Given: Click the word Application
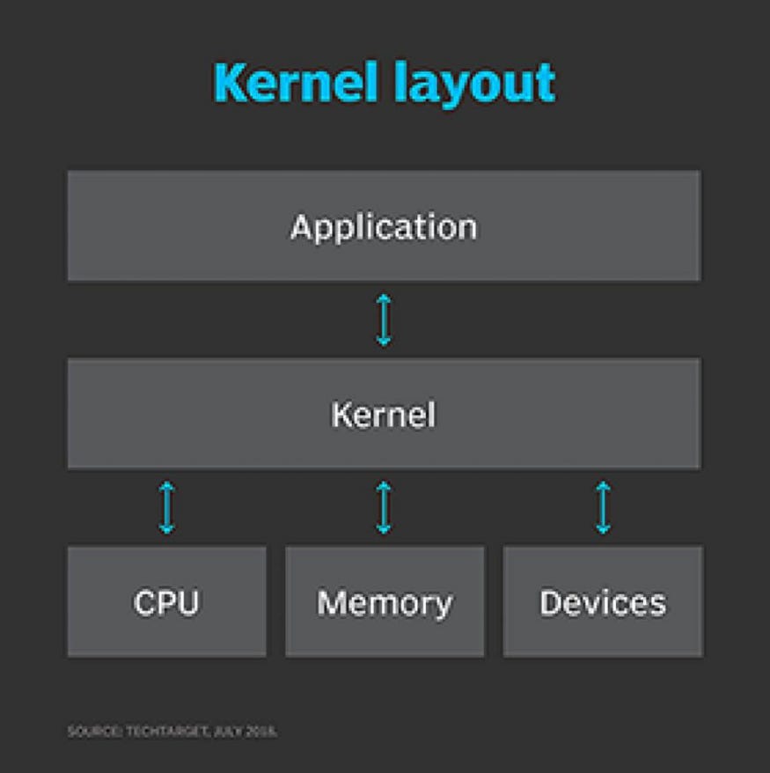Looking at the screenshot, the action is (x=384, y=227).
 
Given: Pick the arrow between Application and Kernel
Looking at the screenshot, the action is (x=384, y=320).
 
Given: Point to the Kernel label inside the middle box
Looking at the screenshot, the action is (x=384, y=415).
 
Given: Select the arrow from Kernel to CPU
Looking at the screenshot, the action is (x=167, y=507).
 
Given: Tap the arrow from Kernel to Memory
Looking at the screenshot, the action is (x=384, y=507).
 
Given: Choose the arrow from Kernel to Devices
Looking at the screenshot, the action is (x=603, y=507).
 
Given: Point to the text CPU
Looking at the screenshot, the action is (x=166, y=603).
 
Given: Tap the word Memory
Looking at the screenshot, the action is (x=385, y=603).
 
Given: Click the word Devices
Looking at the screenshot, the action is (x=603, y=603).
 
